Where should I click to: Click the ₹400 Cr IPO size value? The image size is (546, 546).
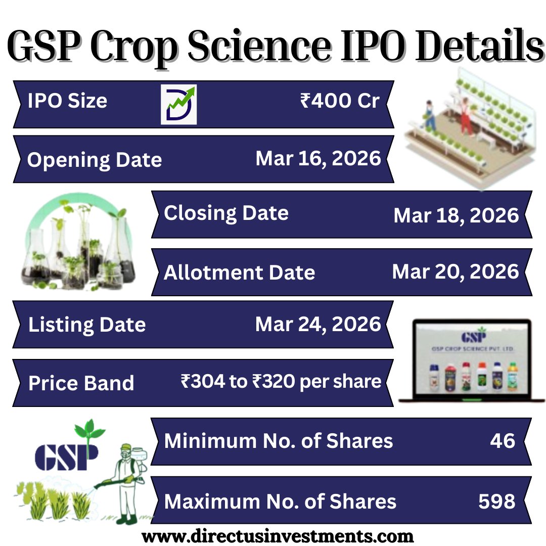click(x=339, y=101)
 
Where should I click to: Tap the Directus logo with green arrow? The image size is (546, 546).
click(x=178, y=105)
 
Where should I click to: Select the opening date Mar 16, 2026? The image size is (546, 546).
click(x=318, y=158)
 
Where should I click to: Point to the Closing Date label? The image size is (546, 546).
click(x=226, y=213)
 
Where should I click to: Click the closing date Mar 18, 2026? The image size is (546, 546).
click(x=456, y=215)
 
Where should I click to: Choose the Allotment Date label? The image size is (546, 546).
click(x=239, y=272)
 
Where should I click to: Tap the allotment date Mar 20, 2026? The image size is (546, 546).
click(x=456, y=272)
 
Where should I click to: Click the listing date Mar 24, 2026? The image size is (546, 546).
click(x=318, y=324)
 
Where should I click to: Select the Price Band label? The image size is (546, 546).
click(x=81, y=383)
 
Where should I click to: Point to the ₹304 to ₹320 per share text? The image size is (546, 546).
click(x=281, y=381)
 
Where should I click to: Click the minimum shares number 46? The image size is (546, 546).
click(x=502, y=441)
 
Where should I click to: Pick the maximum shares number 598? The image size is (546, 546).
click(x=496, y=501)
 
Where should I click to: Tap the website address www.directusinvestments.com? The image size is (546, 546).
click(x=278, y=535)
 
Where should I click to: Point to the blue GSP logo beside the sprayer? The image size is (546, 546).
click(x=66, y=454)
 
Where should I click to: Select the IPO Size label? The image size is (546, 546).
click(x=67, y=101)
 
